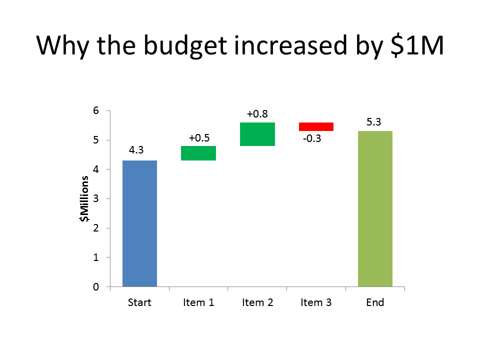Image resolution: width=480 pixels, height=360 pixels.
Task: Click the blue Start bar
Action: click(x=139, y=223)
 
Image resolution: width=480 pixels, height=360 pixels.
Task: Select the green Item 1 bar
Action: click(x=198, y=153)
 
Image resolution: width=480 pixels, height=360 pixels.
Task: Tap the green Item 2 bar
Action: click(x=257, y=134)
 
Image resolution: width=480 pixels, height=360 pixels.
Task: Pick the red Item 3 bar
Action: click(x=316, y=126)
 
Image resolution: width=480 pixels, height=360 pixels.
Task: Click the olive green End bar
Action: click(x=375, y=208)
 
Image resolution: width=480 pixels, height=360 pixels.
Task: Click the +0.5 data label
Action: click(x=199, y=138)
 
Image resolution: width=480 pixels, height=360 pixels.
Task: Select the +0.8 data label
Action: click(x=257, y=114)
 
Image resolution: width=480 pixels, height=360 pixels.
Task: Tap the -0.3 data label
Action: click(x=312, y=138)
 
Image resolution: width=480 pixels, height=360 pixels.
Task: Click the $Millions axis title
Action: click(x=85, y=198)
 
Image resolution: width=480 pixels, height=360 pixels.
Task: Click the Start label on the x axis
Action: click(x=139, y=302)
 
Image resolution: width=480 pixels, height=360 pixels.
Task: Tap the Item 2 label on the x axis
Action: click(x=257, y=302)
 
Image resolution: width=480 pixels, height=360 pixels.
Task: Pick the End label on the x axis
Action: click(x=375, y=302)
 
